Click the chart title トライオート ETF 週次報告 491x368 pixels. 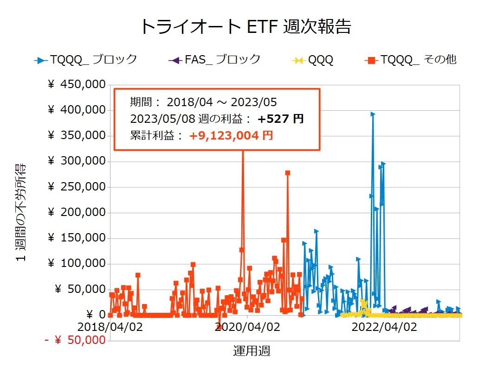tap(245, 26)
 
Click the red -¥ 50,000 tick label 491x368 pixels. tap(75, 341)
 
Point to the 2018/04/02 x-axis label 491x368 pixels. tap(110, 327)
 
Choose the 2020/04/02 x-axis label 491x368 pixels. tap(247, 327)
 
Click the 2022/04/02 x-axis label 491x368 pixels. tap(384, 327)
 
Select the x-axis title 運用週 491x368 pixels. tap(252, 351)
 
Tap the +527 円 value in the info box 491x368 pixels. tap(281, 119)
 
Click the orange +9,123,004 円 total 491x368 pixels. tap(231, 136)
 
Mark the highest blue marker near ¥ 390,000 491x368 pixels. tap(372, 114)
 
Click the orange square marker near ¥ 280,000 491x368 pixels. tap(288, 173)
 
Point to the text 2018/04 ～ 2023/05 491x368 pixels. tap(221, 102)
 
